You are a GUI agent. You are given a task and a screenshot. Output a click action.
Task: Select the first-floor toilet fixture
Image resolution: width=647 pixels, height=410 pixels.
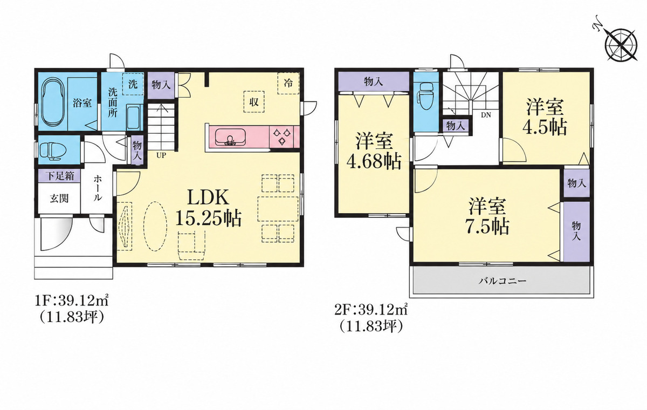click(53, 151)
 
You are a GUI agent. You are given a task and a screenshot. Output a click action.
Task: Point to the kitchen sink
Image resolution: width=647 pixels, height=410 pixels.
click(230, 138)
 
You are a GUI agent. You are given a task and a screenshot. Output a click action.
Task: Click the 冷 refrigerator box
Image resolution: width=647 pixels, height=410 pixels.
click(288, 83)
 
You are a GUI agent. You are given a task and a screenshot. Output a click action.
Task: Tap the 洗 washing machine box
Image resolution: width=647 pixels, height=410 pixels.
click(133, 84)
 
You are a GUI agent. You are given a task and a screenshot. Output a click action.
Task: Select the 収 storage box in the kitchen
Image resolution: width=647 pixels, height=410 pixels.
click(254, 101)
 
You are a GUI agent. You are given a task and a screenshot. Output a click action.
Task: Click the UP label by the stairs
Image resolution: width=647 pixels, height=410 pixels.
click(161, 155)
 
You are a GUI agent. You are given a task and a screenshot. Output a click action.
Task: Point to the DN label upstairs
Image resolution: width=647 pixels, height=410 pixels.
click(486, 115)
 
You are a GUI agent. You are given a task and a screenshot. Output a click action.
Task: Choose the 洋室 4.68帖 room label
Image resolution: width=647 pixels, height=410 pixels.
click(374, 151)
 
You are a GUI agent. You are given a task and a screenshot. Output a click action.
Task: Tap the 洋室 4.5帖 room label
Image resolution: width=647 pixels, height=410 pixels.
click(545, 117)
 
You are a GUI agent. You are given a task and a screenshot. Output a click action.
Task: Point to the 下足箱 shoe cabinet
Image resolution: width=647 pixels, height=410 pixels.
click(60, 176)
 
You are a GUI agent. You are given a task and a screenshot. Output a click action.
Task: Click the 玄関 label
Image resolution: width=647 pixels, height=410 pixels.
click(59, 199)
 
